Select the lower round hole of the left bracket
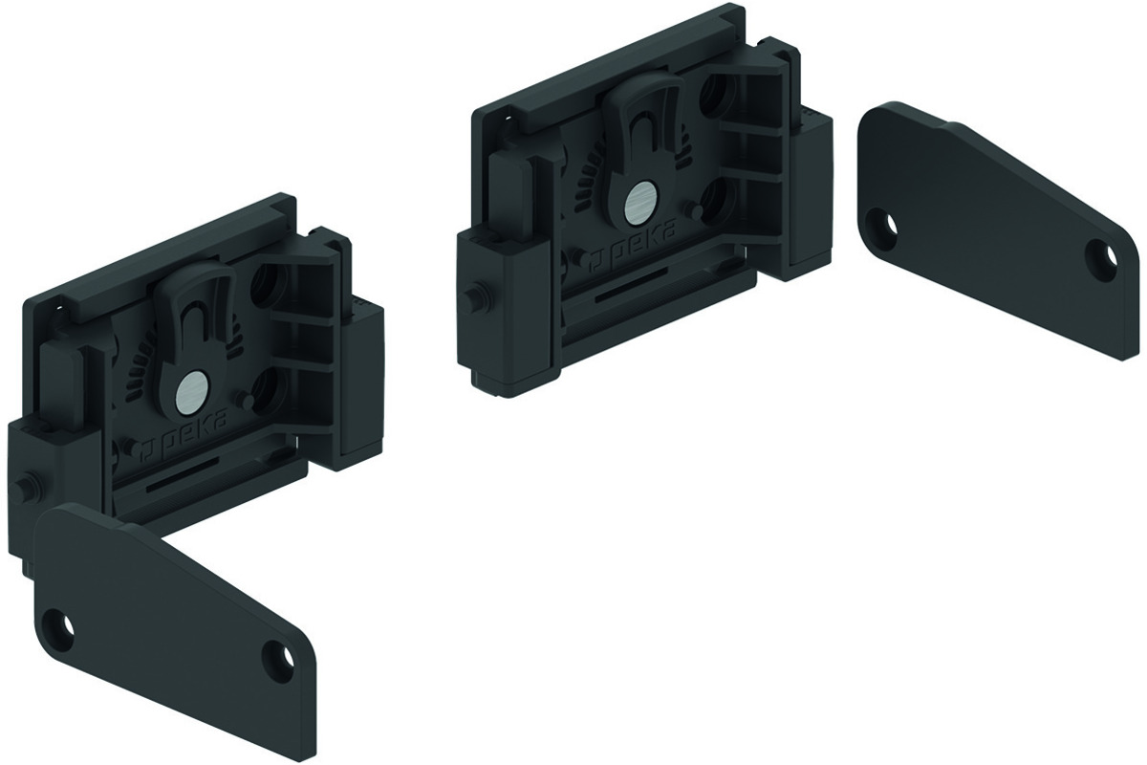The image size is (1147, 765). tap(268, 389)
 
